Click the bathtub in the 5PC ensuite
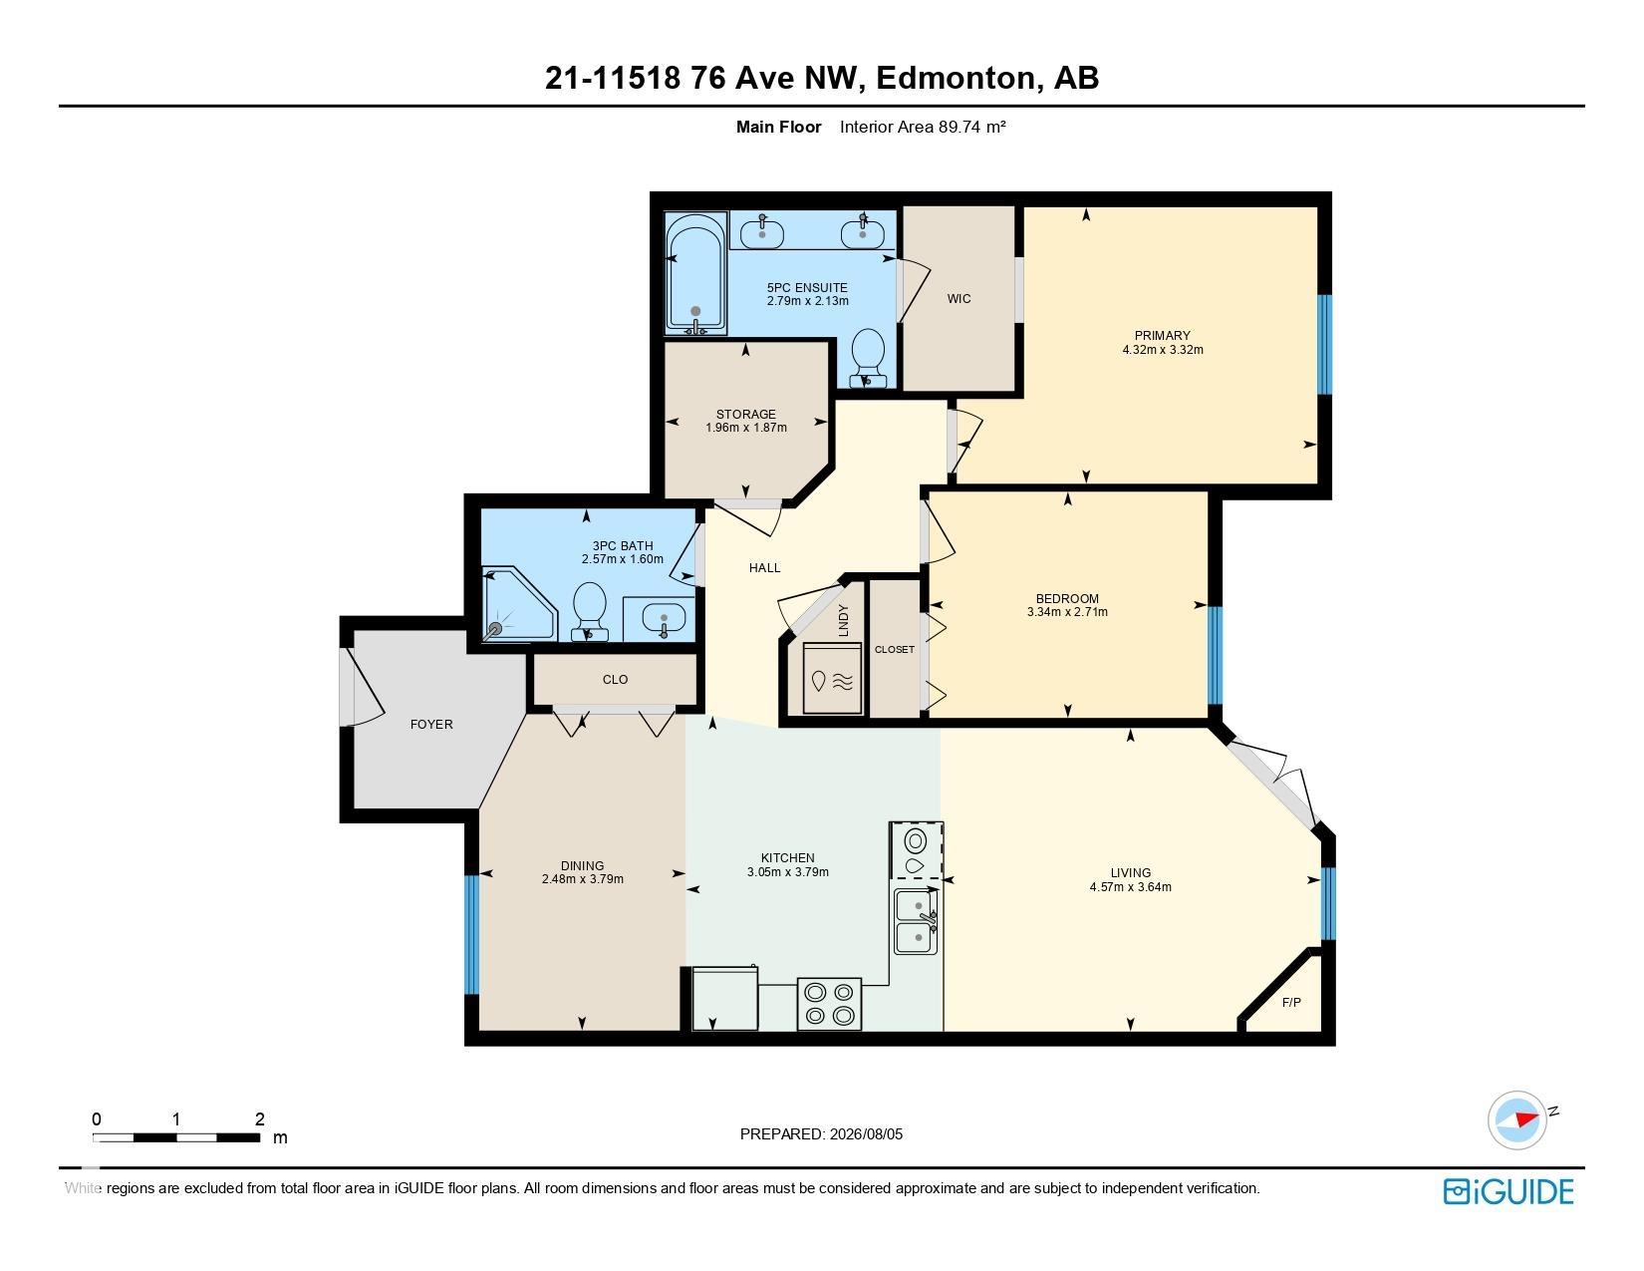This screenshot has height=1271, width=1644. click(695, 274)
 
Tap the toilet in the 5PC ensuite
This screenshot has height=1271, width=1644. click(868, 358)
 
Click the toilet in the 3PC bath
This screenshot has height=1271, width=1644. click(590, 612)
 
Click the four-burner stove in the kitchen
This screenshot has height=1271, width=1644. click(829, 1004)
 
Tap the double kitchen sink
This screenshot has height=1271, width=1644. click(917, 921)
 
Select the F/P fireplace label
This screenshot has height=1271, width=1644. click(1291, 1002)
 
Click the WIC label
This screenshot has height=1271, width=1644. click(959, 299)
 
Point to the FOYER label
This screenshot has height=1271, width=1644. click(431, 725)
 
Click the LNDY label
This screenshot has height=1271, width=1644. click(844, 620)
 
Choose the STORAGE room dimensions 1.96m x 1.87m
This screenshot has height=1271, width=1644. click(746, 428)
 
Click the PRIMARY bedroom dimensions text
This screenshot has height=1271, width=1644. click(1163, 350)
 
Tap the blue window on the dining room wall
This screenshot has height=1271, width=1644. click(471, 934)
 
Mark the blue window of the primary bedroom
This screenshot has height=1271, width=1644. click(1325, 345)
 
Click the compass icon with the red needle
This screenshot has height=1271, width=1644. click(1516, 1119)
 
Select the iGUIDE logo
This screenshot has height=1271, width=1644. click(1507, 1191)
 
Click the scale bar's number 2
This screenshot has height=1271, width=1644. click(259, 1118)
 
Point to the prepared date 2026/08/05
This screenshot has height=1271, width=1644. click(866, 1134)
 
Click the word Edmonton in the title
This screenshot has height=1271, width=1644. click(956, 77)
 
